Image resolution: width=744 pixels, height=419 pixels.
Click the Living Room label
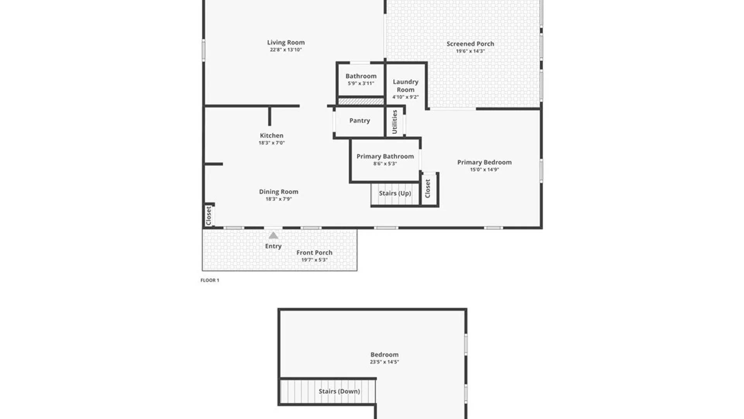point(286,42)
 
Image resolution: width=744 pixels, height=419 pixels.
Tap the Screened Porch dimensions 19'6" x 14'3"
point(470,51)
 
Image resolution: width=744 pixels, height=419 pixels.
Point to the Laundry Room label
point(405,86)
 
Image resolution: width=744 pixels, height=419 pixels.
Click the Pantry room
point(360,121)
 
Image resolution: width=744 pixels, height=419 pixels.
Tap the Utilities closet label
point(394,122)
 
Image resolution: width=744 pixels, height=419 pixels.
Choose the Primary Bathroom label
point(385,156)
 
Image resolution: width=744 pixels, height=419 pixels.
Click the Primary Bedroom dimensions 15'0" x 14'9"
point(484,170)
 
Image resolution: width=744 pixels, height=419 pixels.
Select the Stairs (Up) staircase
point(394,193)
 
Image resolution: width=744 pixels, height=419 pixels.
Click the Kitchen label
point(271,135)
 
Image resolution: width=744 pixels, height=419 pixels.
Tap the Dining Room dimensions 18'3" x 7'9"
point(278,199)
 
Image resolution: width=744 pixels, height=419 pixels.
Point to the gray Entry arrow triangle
point(273,235)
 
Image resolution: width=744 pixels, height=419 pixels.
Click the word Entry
point(273,246)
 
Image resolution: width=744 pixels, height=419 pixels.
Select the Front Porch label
point(314,253)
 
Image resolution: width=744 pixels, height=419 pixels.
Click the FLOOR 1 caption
point(210,280)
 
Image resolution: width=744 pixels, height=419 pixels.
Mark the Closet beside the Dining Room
point(208,215)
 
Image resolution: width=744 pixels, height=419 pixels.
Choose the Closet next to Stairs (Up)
point(428,189)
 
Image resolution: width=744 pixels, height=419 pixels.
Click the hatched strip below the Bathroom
point(361,102)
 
